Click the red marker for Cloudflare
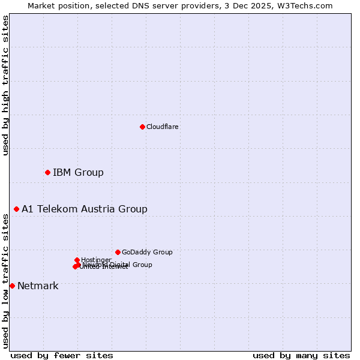(x=142, y=127)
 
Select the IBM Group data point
(x=47, y=173)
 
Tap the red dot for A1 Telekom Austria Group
(x=16, y=209)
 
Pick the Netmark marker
(x=12, y=286)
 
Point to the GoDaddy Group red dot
(x=118, y=252)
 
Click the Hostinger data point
(x=77, y=260)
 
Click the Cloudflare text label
(x=163, y=127)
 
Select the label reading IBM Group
(x=78, y=173)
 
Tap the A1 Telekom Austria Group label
(x=85, y=209)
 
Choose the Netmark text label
(x=38, y=286)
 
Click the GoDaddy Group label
(x=147, y=252)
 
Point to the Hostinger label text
(x=96, y=260)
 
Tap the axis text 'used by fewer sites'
(x=62, y=356)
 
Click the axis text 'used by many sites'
(x=301, y=356)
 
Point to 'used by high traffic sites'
(x=5, y=85)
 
